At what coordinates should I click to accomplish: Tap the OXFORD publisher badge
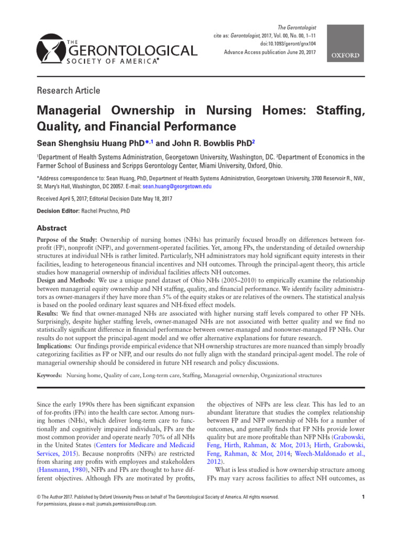coord(344,55)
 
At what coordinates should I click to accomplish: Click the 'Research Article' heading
coord(68,90)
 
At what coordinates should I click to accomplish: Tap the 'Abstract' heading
coord(51,228)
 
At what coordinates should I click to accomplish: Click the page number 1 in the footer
coord(363,497)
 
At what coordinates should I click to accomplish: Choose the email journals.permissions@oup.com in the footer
coord(122,504)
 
